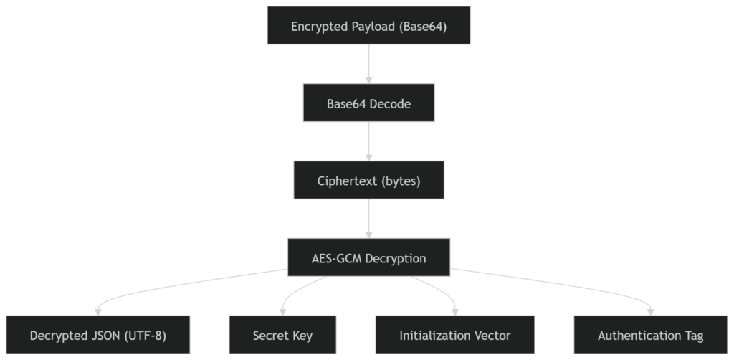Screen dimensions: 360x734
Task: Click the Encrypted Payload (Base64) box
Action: (368, 26)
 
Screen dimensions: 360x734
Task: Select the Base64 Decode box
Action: (368, 103)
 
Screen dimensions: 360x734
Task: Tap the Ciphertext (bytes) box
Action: (368, 181)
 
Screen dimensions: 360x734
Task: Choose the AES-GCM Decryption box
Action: (368, 257)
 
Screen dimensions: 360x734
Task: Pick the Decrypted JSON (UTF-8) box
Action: (98, 335)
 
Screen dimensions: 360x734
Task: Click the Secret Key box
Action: (282, 335)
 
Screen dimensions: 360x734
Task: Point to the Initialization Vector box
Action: (456, 335)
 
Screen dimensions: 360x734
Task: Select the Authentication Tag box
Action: (650, 335)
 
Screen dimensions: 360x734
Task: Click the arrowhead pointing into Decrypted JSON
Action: (98, 311)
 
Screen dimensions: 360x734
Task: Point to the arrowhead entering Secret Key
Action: (282, 311)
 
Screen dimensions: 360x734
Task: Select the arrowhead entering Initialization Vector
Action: (456, 311)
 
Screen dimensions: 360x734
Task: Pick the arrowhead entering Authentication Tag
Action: (650, 311)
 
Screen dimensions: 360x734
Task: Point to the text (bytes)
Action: (401, 181)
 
